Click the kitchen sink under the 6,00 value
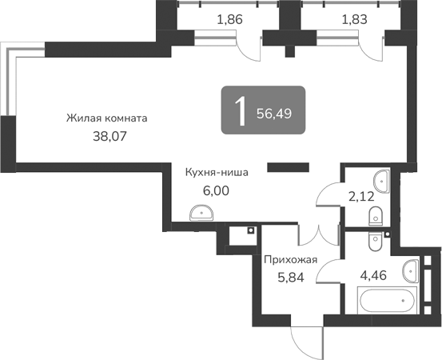coord(201,212)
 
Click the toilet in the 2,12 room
coord(375,215)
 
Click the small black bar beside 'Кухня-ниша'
coord(288,167)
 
